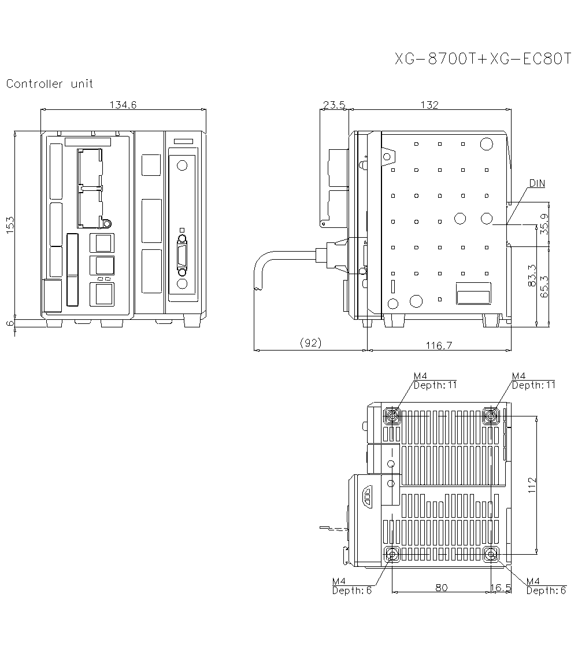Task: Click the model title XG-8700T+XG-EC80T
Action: point(483,59)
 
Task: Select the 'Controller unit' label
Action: point(50,84)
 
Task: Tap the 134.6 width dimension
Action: point(123,105)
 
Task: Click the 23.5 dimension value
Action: point(334,105)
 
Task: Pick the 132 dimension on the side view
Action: point(429,105)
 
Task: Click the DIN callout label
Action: point(537,183)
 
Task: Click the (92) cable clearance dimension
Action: point(311,343)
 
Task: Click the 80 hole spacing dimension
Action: point(441,587)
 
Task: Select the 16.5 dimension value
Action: point(501,587)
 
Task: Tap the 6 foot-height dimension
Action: point(10,323)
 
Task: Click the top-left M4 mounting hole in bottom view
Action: point(392,415)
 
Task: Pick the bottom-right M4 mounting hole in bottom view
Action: point(491,555)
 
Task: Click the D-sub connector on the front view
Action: point(182,255)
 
